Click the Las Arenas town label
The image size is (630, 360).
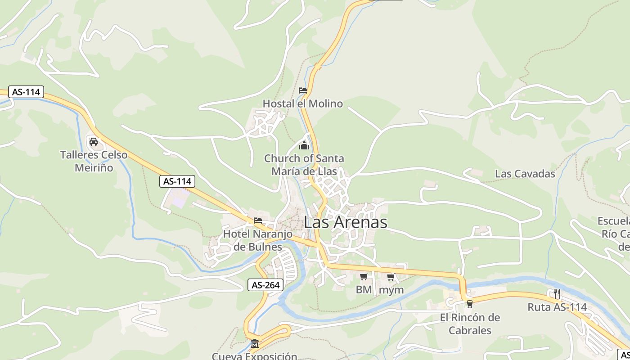(x=345, y=222)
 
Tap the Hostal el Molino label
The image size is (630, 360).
(x=302, y=103)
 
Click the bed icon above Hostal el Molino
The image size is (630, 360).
(x=303, y=90)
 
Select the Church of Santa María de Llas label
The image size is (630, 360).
(x=304, y=165)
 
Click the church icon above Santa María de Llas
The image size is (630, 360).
(x=304, y=146)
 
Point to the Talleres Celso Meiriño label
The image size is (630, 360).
(x=94, y=161)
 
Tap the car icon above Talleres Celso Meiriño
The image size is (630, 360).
(x=94, y=142)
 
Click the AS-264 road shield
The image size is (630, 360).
(x=265, y=285)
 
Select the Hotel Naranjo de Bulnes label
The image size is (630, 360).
(x=258, y=240)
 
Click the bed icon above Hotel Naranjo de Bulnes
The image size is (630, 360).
(x=258, y=220)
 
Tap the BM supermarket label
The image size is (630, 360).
(x=364, y=290)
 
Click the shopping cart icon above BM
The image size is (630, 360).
(x=364, y=277)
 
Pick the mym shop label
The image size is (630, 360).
(x=391, y=290)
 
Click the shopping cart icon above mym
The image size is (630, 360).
(x=391, y=277)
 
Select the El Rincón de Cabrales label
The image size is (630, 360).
(x=470, y=324)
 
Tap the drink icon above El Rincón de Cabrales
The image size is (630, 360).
(x=470, y=304)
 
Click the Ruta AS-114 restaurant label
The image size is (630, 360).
(x=557, y=307)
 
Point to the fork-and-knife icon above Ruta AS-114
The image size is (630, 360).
(x=557, y=294)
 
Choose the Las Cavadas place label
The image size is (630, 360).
(x=525, y=174)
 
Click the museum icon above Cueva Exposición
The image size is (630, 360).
(x=255, y=344)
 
